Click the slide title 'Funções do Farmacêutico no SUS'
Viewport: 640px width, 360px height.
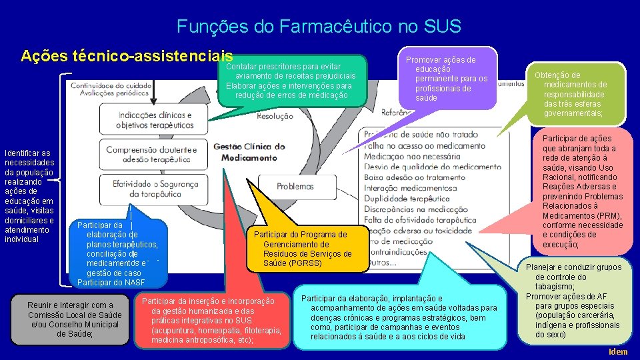(x=319, y=27)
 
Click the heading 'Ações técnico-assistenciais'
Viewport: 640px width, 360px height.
(x=127, y=56)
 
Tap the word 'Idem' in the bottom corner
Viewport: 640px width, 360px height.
(x=618, y=352)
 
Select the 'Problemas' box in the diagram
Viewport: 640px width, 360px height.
(x=295, y=187)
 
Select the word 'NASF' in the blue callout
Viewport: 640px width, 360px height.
(x=133, y=283)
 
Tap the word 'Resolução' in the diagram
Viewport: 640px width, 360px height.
(x=275, y=116)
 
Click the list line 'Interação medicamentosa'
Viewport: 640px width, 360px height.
(x=408, y=189)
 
